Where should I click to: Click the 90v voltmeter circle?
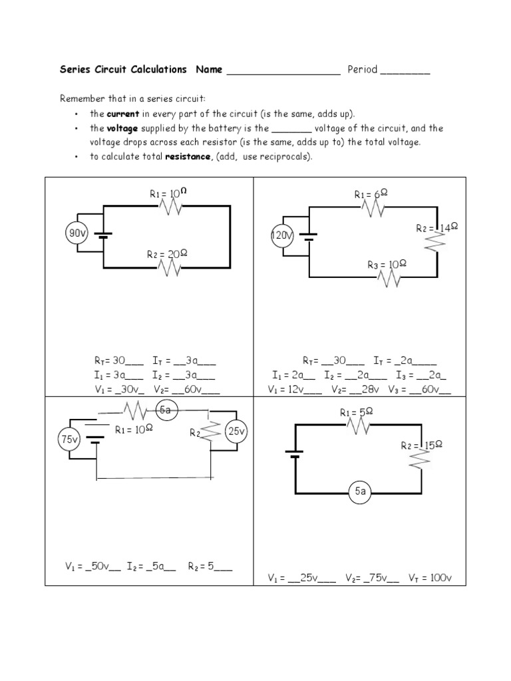coord(77,233)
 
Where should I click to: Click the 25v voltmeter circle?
coord(237,432)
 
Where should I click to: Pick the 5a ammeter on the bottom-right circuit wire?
coord(361,491)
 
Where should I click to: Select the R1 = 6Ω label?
coord(371,194)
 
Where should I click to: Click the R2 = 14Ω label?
coord(437,228)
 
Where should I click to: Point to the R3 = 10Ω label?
coord(387,265)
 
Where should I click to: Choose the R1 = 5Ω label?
coord(357,413)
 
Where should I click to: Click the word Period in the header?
coord(362,69)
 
